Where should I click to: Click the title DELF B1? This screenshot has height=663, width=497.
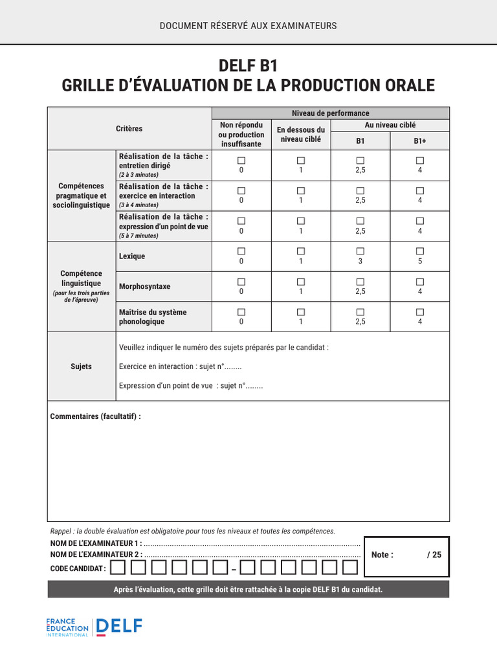pos(248,65)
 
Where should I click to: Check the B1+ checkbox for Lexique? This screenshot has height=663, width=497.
pos(420,251)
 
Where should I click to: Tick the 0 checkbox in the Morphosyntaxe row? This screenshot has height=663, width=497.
pos(241,282)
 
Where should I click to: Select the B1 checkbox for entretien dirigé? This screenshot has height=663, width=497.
pos(360,160)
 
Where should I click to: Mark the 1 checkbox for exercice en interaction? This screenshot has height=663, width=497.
pos(301,191)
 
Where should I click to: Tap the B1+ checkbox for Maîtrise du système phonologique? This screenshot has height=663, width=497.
pos(420,312)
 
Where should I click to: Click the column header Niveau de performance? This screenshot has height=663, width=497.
pos(330,113)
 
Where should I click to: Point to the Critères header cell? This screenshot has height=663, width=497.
pos(129,128)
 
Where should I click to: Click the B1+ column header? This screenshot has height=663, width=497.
pos(420,140)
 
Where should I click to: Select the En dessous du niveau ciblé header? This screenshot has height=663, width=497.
pos(301,135)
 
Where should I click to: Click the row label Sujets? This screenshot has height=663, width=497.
pos(81,366)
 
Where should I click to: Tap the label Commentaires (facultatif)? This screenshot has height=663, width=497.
pos(96,416)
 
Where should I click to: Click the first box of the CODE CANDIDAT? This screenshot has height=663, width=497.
pos(118,568)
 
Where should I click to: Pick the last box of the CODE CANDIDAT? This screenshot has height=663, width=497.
pos(350,568)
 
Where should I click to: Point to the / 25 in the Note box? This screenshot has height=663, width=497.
pos(434,555)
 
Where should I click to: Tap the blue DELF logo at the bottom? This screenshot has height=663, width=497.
pos(119,627)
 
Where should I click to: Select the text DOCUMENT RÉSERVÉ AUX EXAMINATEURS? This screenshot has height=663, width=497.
pos(248,26)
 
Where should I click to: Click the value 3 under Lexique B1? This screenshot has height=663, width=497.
pos(360,261)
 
